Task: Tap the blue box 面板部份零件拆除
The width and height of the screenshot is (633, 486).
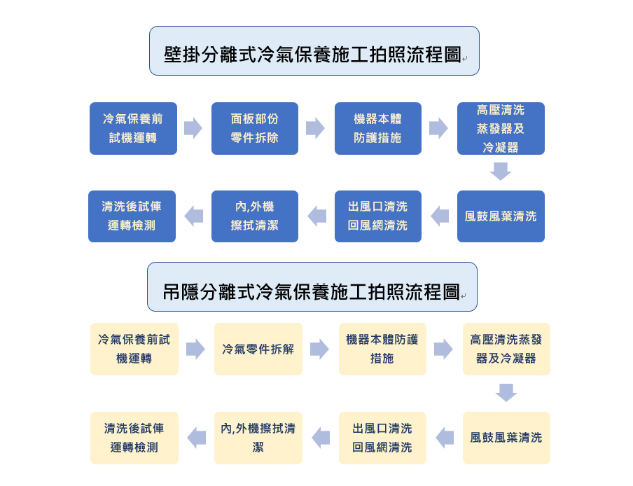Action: (x=255, y=128)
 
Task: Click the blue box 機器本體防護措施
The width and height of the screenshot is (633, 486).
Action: (x=378, y=128)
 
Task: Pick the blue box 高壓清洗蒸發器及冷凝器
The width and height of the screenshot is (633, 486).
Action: (x=501, y=128)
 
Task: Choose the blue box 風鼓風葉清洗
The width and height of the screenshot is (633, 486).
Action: (x=501, y=216)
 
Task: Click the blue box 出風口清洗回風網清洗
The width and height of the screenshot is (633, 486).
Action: (x=378, y=216)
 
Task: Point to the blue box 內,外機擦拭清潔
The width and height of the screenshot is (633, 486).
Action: (x=255, y=216)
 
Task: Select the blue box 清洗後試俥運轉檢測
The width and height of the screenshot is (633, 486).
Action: (x=132, y=216)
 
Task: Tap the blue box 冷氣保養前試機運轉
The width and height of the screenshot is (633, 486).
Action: (x=133, y=128)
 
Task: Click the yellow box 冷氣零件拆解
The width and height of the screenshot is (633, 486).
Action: (x=258, y=349)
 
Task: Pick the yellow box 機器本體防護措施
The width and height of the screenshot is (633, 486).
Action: (x=382, y=349)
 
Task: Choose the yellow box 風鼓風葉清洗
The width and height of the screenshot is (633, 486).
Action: (x=506, y=438)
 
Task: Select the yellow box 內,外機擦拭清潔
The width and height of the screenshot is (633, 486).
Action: (x=258, y=438)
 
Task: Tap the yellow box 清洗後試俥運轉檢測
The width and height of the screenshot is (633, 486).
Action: (x=134, y=438)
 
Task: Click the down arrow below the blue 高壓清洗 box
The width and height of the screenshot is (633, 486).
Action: (x=501, y=171)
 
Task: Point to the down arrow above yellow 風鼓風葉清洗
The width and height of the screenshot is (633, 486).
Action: (x=506, y=393)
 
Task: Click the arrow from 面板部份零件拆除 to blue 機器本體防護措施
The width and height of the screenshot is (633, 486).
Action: (x=315, y=128)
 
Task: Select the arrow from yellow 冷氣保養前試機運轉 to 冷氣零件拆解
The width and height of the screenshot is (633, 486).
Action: (x=196, y=349)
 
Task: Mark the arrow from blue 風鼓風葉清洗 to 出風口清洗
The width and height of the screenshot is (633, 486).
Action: (x=440, y=216)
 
